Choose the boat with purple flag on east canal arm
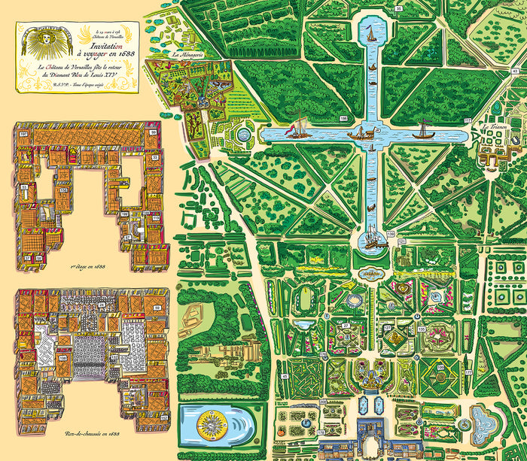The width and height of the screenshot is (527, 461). tap(426, 135)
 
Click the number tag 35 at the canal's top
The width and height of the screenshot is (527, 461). tap(398, 8)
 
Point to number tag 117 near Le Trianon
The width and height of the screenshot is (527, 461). tap(468, 120)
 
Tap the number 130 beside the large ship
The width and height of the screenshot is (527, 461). tap(391, 235)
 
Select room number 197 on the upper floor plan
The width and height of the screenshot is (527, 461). tap(23, 133)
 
